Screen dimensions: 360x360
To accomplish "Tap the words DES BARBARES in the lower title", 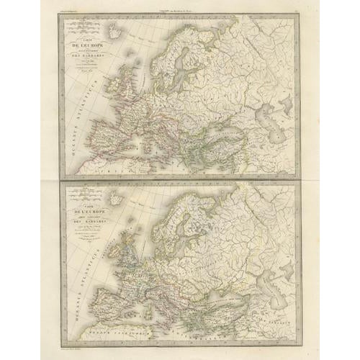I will tap(91, 230).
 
